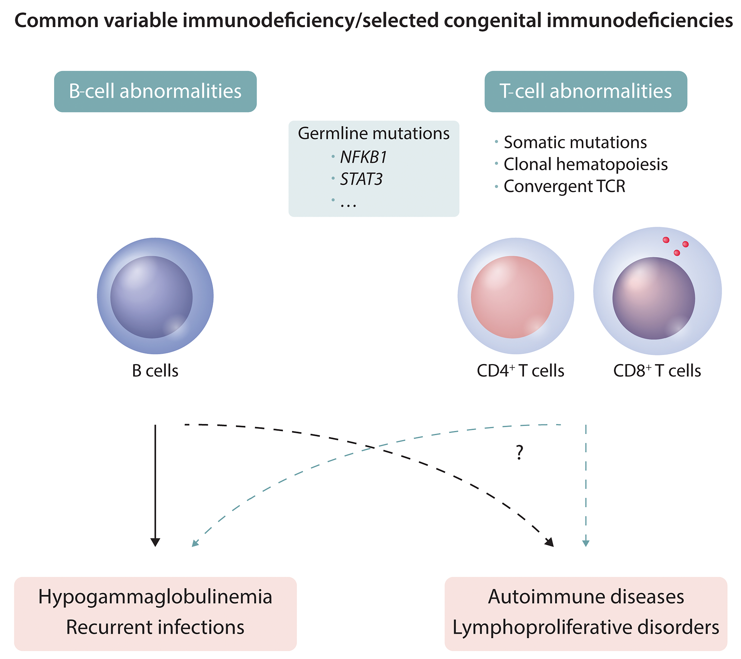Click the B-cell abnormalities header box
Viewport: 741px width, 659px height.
[155, 91]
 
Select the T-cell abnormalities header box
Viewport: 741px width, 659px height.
[586, 91]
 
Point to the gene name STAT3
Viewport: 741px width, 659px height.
[361, 179]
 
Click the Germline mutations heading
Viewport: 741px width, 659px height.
[373, 133]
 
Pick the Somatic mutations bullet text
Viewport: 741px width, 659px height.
[575, 142]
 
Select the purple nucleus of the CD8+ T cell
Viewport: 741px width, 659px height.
[653, 298]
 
